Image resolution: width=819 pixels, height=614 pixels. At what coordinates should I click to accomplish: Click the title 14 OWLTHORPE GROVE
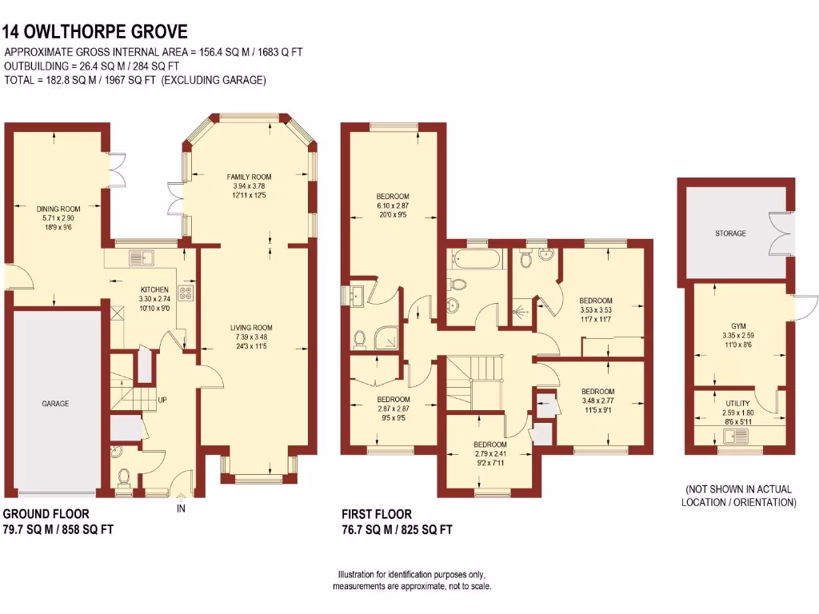[x=95, y=32]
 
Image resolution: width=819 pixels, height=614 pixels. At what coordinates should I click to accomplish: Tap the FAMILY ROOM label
[x=249, y=177]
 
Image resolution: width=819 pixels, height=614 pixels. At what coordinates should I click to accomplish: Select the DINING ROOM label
[x=59, y=209]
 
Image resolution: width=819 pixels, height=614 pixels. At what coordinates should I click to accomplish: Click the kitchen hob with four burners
[x=186, y=293]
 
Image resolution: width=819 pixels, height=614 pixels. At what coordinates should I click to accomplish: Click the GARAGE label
[x=55, y=404]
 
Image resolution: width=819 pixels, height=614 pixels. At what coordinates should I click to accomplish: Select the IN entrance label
[x=181, y=508]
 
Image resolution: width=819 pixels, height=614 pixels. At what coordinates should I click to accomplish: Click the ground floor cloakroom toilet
[x=124, y=477]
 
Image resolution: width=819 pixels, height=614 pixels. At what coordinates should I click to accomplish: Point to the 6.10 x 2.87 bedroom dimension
[x=393, y=205]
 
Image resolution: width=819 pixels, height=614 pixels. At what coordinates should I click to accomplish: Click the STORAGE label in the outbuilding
[x=730, y=233]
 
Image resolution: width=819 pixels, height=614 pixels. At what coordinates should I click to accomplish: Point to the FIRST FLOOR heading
[x=377, y=514]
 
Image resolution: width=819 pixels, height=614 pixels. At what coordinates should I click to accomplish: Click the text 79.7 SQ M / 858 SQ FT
[x=53, y=528]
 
